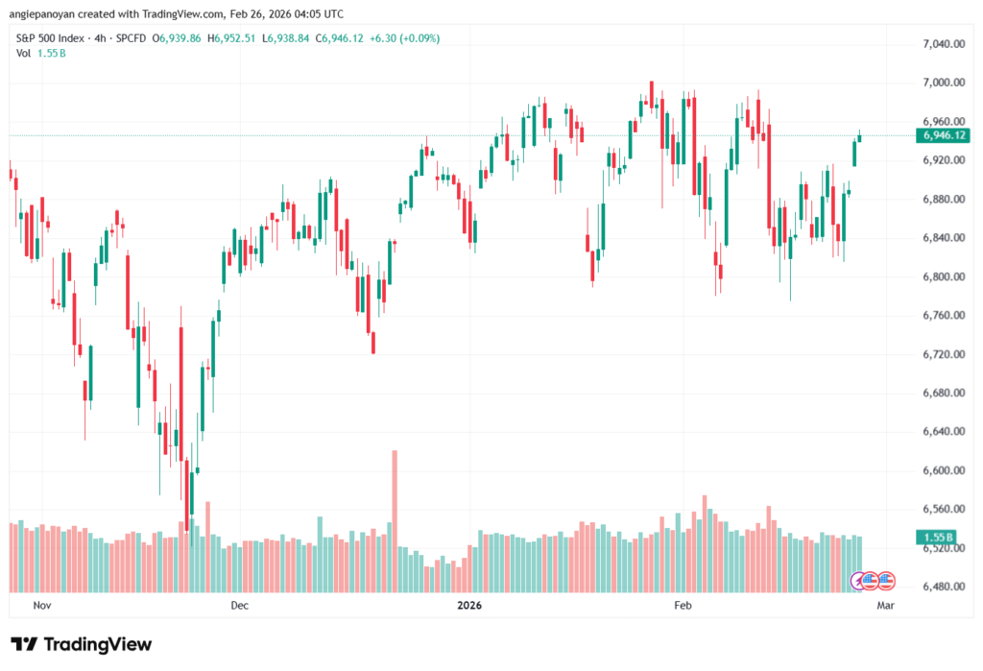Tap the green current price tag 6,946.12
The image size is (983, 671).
945,135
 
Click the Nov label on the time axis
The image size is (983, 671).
41,606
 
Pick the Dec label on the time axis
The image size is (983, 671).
239,606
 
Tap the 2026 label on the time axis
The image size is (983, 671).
469,606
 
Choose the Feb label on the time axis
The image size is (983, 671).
683,606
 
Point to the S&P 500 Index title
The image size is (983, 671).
59,36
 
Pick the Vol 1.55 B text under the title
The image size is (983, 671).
37,52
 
